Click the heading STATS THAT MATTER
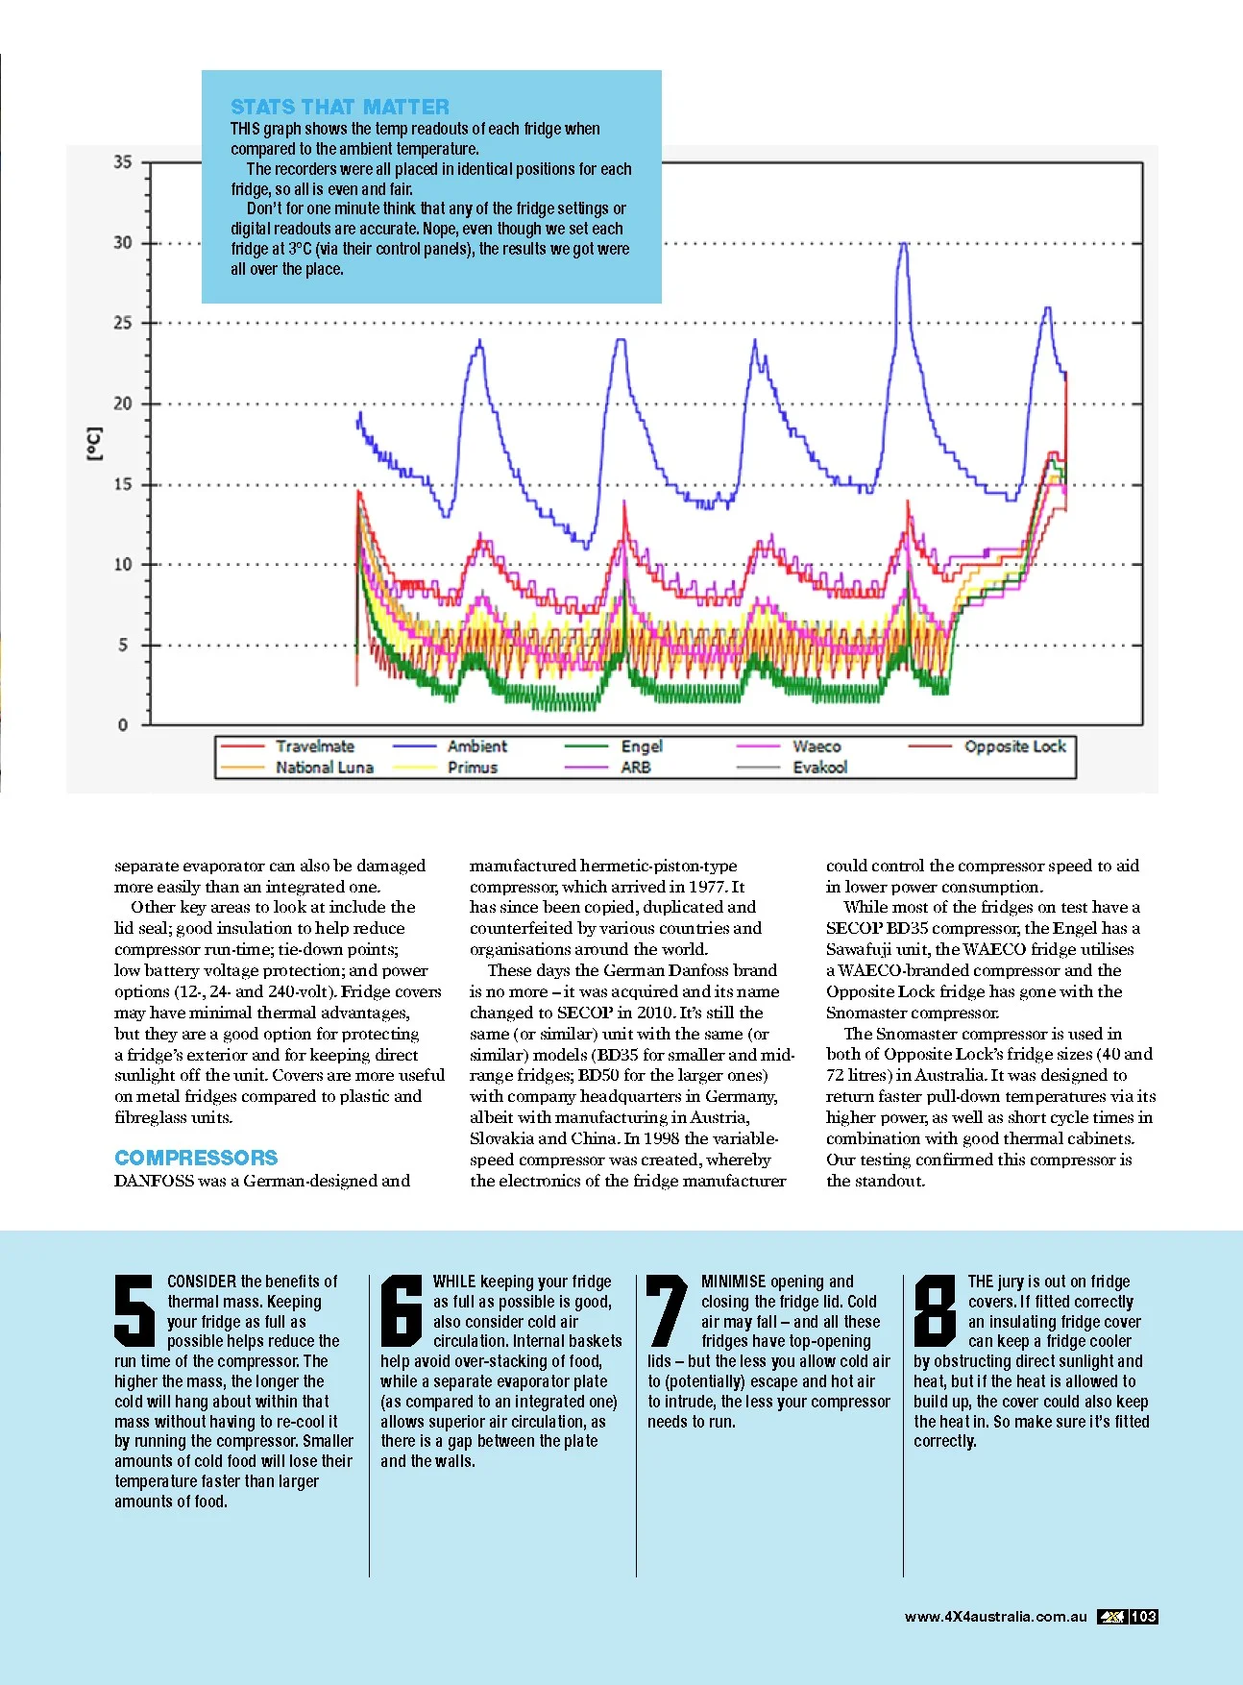tap(339, 107)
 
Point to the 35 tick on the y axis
tap(123, 162)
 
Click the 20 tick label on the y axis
tap(123, 403)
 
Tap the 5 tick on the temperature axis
tap(123, 646)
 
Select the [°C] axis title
tap(94, 444)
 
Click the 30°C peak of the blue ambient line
tap(903, 244)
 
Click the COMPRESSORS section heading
tap(196, 1158)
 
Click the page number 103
tap(1143, 1617)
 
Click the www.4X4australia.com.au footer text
tap(995, 1617)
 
